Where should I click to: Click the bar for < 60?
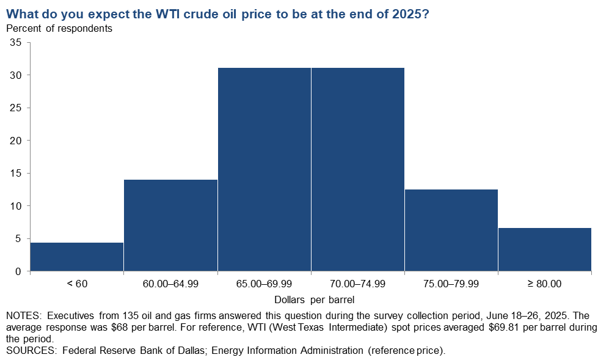pyautogui.click(x=77, y=257)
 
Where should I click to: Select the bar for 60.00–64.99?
pyautogui.click(x=170, y=225)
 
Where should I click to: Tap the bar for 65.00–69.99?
pyautogui.click(x=264, y=169)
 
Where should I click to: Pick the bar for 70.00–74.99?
pyautogui.click(x=358, y=169)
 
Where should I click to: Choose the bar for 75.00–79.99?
pyautogui.click(x=451, y=230)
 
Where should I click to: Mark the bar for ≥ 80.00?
pyautogui.click(x=545, y=249)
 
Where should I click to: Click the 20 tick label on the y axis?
pyautogui.click(x=15, y=141)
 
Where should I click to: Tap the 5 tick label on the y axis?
pyautogui.click(x=18, y=238)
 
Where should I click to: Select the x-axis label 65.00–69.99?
pyautogui.click(x=264, y=284)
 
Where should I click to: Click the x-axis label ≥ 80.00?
pyautogui.click(x=544, y=284)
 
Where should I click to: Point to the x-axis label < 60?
pyautogui.click(x=78, y=284)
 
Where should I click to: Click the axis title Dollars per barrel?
pyautogui.click(x=314, y=299)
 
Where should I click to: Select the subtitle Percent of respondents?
pyautogui.click(x=59, y=28)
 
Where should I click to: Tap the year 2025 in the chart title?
pyautogui.click(x=406, y=14)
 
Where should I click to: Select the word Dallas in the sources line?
pyautogui.click(x=189, y=350)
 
